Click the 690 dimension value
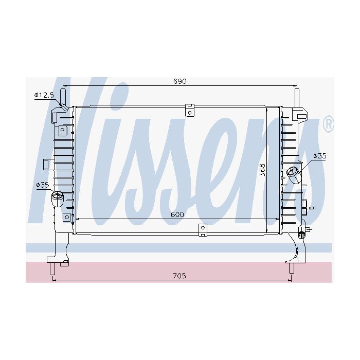pyautogui.click(x=180, y=81)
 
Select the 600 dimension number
pyautogui.click(x=177, y=214)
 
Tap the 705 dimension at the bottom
pyautogui.click(x=179, y=276)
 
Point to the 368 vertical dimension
pyautogui.click(x=262, y=170)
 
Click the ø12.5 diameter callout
pyautogui.click(x=44, y=95)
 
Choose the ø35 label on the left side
pyautogui.click(x=43, y=185)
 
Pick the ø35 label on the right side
pyautogui.click(x=320, y=156)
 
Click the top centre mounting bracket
pyautogui.click(x=190, y=110)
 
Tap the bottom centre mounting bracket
pyautogui.click(x=203, y=230)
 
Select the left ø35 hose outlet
pyautogui.click(x=58, y=199)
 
